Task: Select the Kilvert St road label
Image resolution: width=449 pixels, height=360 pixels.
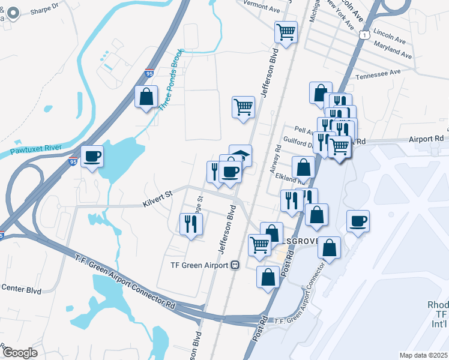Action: pyautogui.click(x=157, y=198)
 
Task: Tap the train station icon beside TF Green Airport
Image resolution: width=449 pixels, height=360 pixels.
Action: pyautogui.click(x=235, y=265)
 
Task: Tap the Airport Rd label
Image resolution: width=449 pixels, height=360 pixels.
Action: pyautogui.click(x=430, y=139)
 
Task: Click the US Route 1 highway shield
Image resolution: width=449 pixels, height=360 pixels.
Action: pyautogui.click(x=364, y=36)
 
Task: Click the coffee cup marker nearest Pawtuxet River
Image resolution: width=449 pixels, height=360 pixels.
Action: pyautogui.click(x=92, y=156)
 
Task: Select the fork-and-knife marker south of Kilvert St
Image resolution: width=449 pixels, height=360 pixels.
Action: pyautogui.click(x=191, y=224)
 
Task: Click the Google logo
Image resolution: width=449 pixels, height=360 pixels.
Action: pyautogui.click(x=20, y=352)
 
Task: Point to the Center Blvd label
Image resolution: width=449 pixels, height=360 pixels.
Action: pyautogui.click(x=20, y=288)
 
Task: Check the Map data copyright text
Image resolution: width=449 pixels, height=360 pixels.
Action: pyautogui.click(x=423, y=355)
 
